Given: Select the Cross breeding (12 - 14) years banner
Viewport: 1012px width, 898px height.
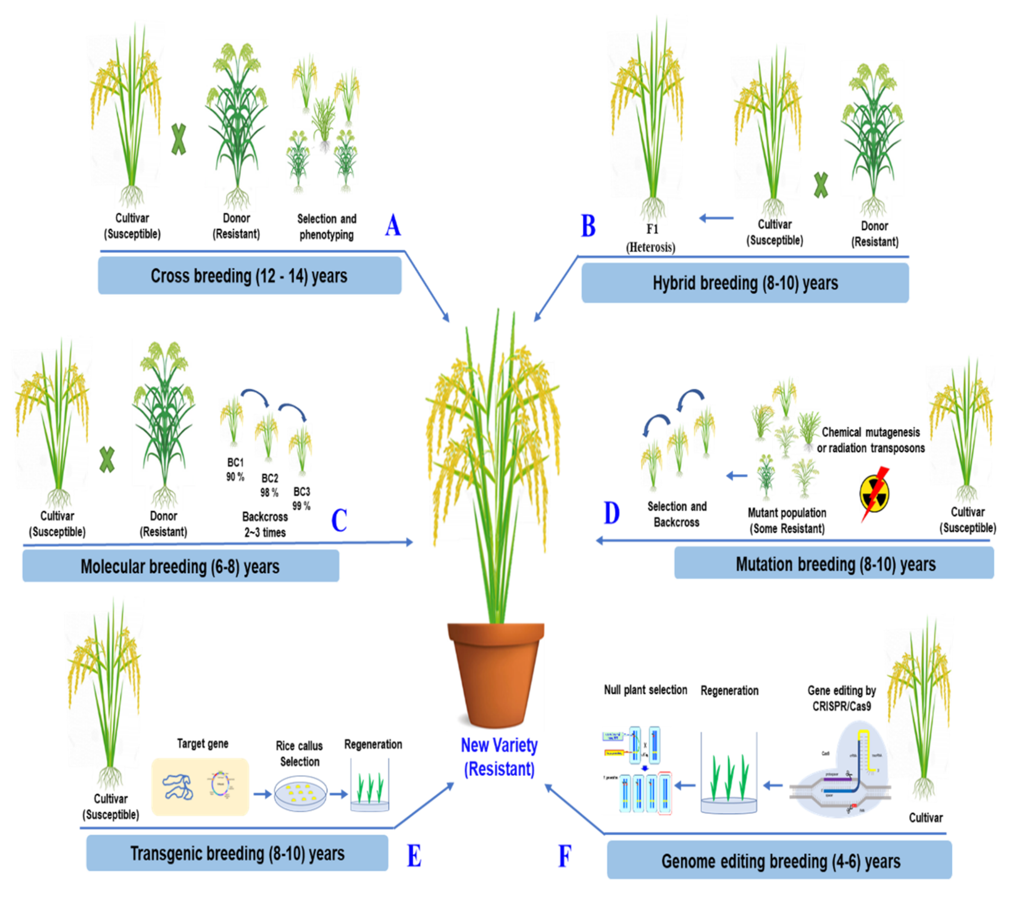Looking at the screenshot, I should pyautogui.click(x=249, y=276).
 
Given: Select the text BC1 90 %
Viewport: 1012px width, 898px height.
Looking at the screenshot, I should pyautogui.click(x=235, y=469).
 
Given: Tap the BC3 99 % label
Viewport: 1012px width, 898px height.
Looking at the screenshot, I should pyautogui.click(x=302, y=498).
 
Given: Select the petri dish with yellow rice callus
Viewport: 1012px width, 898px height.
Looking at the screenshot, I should pyautogui.click(x=300, y=794).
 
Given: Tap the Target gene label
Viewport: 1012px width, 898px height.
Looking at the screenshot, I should pyautogui.click(x=202, y=744).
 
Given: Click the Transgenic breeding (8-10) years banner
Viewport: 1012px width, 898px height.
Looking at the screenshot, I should pyautogui.click(x=237, y=853).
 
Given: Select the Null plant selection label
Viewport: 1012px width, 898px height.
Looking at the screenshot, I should pyautogui.click(x=645, y=690).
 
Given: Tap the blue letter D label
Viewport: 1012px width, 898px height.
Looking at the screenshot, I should pyautogui.click(x=611, y=513).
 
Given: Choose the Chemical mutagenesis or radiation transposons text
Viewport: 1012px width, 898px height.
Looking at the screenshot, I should pyautogui.click(x=871, y=440).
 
